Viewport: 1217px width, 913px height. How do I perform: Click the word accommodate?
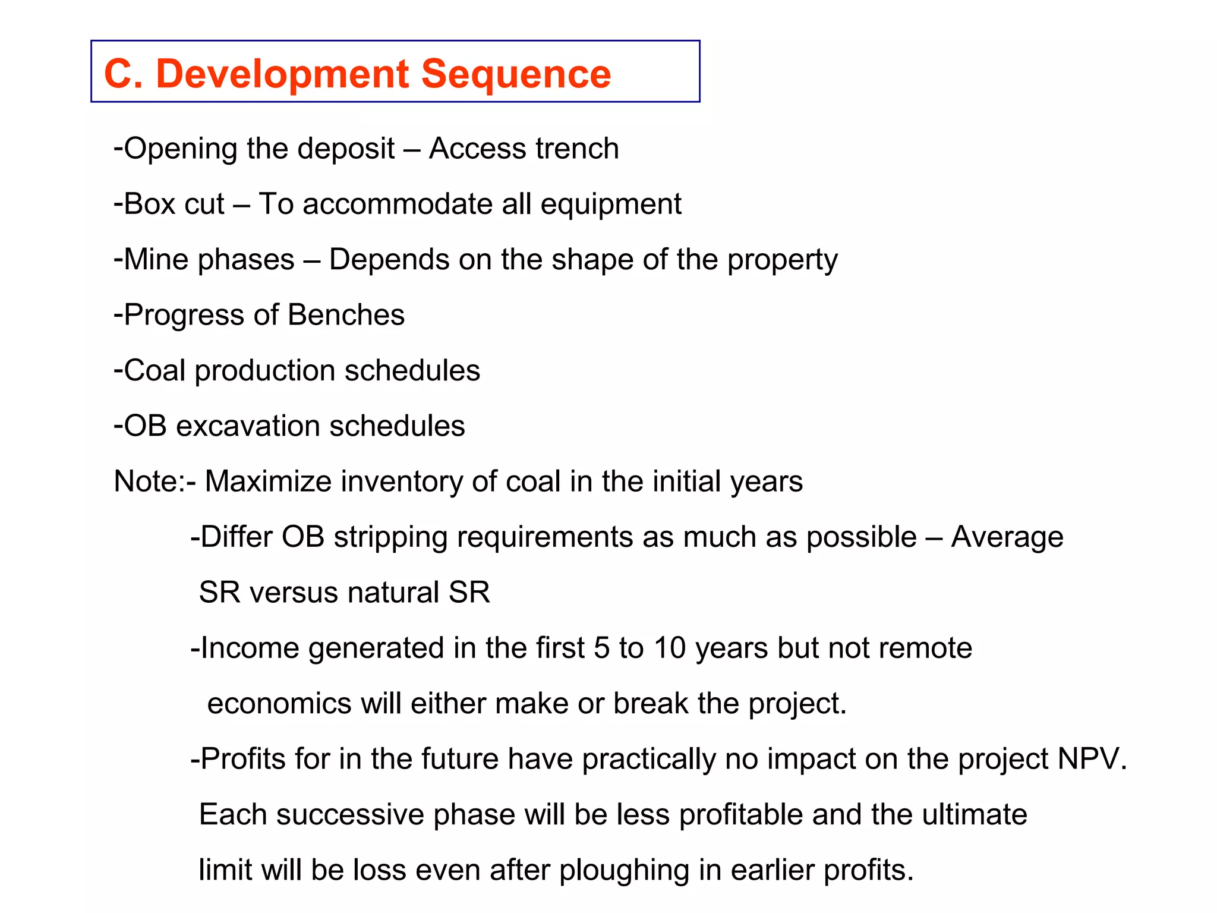(x=398, y=204)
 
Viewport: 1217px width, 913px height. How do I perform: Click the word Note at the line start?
(x=144, y=481)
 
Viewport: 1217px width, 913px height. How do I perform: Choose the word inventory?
(x=401, y=481)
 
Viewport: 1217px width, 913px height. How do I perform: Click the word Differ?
(x=237, y=537)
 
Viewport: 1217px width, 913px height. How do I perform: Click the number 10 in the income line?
(x=670, y=648)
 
